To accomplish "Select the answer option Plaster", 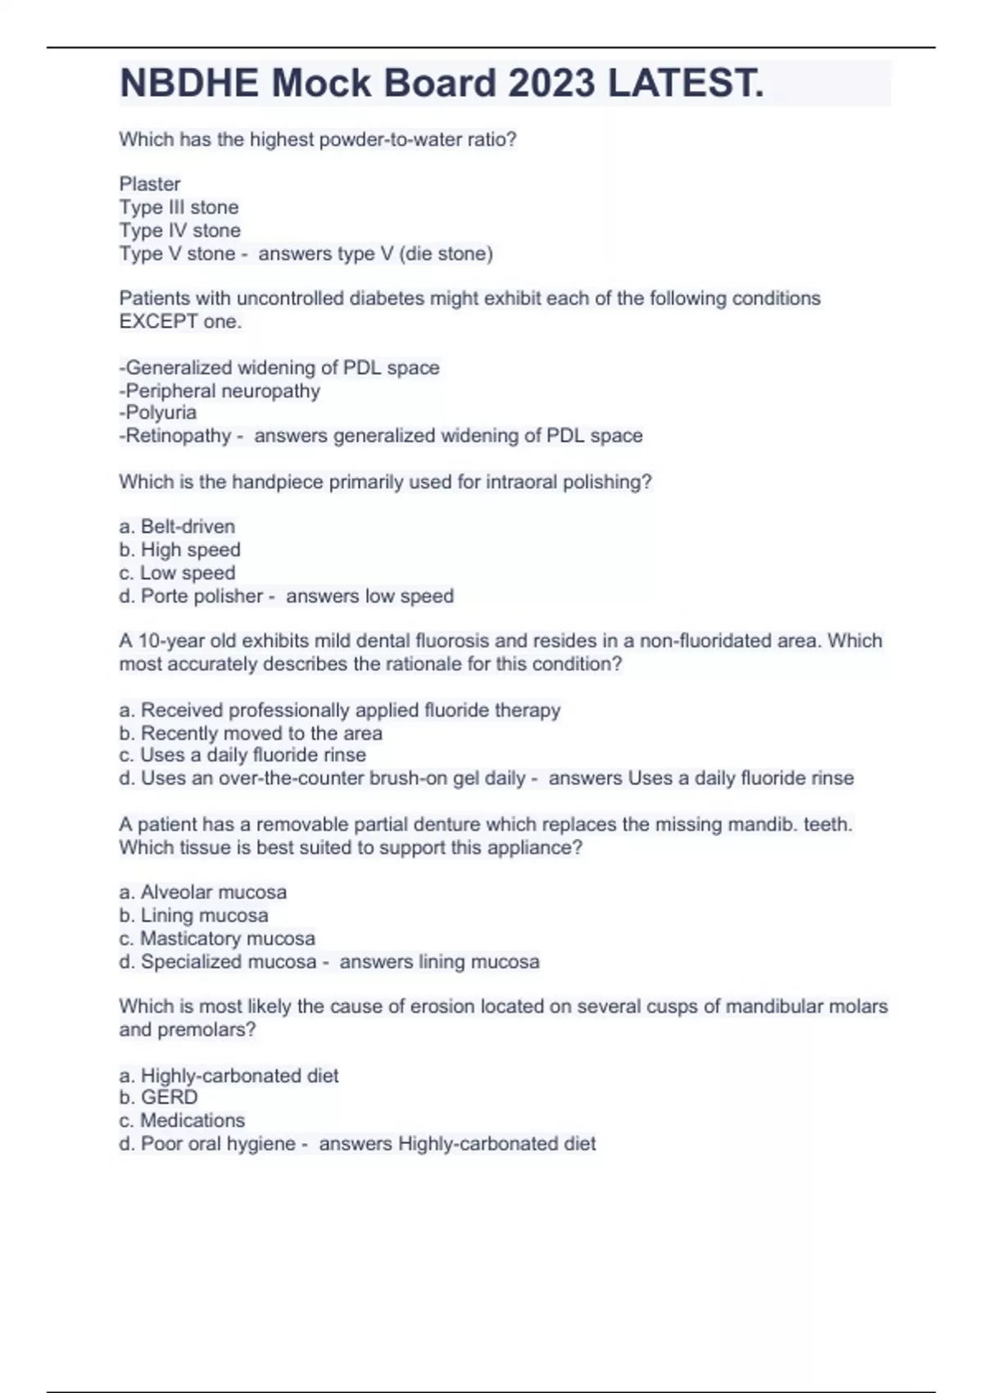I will (150, 184).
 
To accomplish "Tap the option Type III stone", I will (179, 207).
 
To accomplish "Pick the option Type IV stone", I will (179, 230).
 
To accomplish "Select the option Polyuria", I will (158, 413).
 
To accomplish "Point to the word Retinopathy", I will (178, 436).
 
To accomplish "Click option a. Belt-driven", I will (177, 527).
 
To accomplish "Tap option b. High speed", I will (179, 550).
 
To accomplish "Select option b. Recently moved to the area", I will (251, 733).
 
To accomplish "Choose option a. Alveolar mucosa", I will (203, 892).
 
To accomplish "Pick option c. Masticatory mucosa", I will (217, 938).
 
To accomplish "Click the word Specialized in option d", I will (188, 961).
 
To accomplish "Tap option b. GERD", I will (159, 1098).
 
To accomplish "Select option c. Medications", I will (182, 1120).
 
